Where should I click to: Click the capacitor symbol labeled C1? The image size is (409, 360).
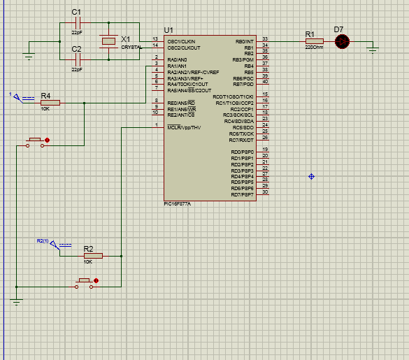tap(77, 23)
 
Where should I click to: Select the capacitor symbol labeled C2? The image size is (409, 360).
tap(77, 60)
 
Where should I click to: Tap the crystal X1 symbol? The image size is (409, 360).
tap(108, 42)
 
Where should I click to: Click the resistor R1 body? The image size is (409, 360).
tap(314, 41)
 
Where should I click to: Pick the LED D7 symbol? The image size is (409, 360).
tap(341, 41)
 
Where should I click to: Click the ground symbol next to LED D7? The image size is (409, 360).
tap(373, 48)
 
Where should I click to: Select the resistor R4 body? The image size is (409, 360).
tap(50, 103)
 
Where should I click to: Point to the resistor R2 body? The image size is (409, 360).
tap(92, 256)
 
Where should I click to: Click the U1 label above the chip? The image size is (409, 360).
tap(168, 30)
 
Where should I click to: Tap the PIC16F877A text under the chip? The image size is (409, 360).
tap(178, 203)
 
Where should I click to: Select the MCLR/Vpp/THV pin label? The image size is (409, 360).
tap(184, 128)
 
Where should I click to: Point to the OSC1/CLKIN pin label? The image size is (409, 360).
tap(181, 42)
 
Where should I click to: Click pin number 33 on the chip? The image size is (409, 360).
tap(265, 39)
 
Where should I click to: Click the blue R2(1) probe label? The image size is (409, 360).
tap(43, 241)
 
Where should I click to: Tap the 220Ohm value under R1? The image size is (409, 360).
tap(314, 48)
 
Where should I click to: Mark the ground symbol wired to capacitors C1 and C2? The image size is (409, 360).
tap(29, 55)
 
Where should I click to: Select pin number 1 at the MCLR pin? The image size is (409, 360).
tap(156, 125)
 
